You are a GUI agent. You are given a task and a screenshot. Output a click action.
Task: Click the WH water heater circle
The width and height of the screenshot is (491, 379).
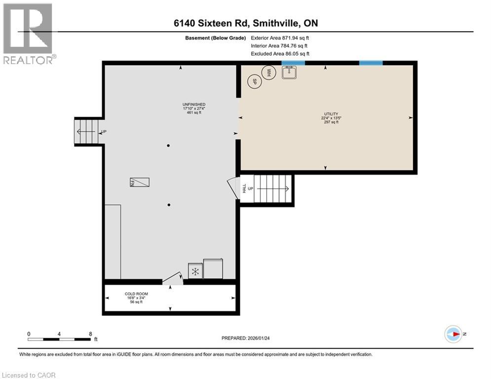click(269, 73)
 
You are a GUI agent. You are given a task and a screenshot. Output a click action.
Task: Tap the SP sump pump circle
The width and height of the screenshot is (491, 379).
click(254, 81)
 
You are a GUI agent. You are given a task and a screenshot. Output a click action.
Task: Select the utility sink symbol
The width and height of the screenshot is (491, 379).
click(289, 73)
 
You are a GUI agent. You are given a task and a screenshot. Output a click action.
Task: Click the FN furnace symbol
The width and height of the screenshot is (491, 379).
click(140, 182)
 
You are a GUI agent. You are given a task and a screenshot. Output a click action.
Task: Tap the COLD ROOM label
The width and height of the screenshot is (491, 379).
click(136, 294)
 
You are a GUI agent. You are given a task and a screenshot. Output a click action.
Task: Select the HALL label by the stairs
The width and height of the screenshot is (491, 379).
click(244, 188)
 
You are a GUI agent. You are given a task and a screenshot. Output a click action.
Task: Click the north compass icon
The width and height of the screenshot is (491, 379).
click(453, 334)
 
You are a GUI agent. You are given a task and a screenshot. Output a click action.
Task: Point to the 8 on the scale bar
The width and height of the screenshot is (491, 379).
click(90, 334)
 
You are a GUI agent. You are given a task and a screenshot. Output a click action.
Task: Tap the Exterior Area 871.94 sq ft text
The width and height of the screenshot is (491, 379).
click(280, 38)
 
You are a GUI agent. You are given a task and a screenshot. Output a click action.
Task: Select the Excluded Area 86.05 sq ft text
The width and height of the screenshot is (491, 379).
click(280, 53)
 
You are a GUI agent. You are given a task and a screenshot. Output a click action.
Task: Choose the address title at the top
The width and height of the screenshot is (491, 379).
click(245, 23)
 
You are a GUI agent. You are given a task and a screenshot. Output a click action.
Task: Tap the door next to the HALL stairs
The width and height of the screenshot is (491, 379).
click(232, 188)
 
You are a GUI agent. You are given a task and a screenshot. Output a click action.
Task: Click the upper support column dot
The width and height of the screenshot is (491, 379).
click(168, 146)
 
